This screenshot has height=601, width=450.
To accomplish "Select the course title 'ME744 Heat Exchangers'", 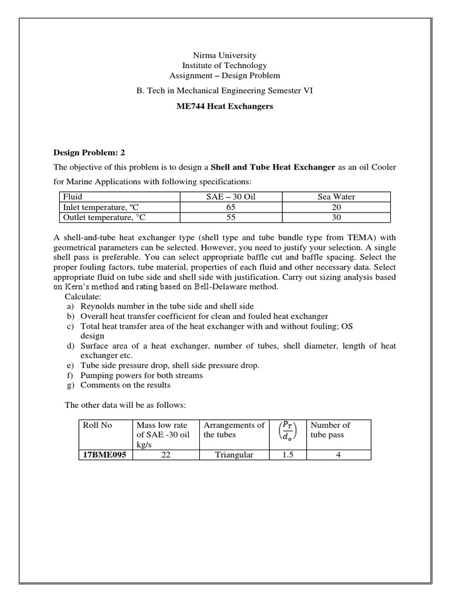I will tap(224, 106).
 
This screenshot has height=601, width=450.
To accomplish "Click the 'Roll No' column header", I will tap(98, 425).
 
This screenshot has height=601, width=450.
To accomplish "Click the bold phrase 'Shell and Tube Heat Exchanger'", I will tap(272, 167).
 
